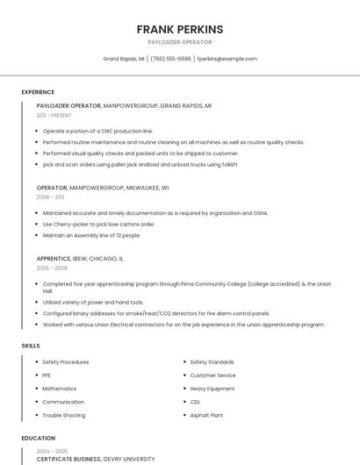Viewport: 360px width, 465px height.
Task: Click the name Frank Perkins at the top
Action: pyautogui.click(x=179, y=29)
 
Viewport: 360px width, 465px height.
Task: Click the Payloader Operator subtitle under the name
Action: pyautogui.click(x=179, y=42)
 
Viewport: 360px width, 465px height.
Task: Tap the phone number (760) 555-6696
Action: pyautogui.click(x=170, y=59)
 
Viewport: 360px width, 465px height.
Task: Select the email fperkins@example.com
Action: pyautogui.click(x=227, y=59)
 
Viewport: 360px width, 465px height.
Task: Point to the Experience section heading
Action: pyautogui.click(x=38, y=92)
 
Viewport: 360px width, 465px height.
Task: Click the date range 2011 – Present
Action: pyautogui.click(x=54, y=115)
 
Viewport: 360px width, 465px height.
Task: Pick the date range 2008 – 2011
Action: pyautogui.click(x=50, y=197)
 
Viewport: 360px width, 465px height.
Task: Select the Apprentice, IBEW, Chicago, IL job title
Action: pyautogui.click(x=80, y=259)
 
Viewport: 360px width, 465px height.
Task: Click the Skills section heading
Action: pyautogui.click(x=31, y=346)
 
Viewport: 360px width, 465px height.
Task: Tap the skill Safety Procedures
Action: pyautogui.click(x=65, y=362)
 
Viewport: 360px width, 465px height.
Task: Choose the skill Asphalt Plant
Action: pyautogui.click(x=206, y=415)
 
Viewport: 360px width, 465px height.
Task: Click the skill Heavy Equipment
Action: pyautogui.click(x=212, y=389)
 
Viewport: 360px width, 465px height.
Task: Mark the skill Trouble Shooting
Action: pyautogui.click(x=63, y=415)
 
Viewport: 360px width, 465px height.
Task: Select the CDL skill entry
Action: pyautogui.click(x=195, y=402)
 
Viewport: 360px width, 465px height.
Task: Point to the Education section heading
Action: pyautogui.click(x=38, y=438)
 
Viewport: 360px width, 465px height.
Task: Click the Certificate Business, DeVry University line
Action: pyautogui.click(x=95, y=459)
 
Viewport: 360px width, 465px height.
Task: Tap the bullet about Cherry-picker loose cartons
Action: pyautogui.click(x=98, y=224)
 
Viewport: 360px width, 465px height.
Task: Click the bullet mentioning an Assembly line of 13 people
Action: pyautogui.click(x=91, y=235)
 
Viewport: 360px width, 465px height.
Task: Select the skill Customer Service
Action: pyautogui.click(x=212, y=376)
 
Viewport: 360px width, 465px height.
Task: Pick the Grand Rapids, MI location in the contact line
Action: pyautogui.click(x=124, y=59)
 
